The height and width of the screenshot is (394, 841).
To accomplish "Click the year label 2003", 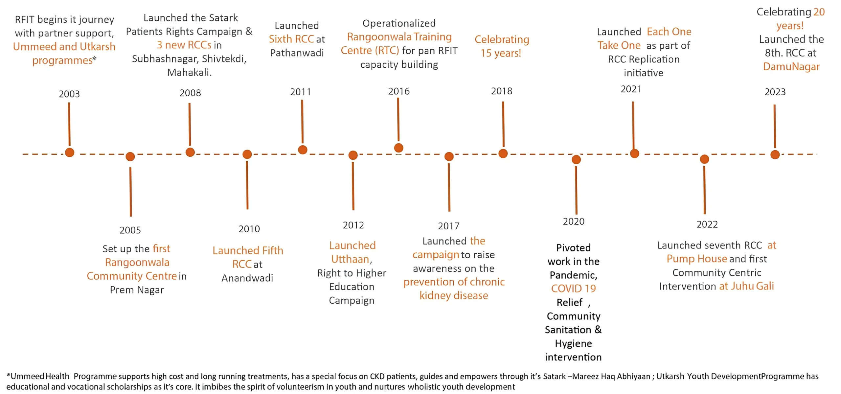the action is pos(69,94).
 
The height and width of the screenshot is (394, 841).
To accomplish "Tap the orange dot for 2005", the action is pos(130,156).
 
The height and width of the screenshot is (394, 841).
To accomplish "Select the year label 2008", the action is pos(190,93).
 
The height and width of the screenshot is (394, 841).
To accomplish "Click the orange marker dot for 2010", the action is pos(247,154).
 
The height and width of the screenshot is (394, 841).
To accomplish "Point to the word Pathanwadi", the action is pos(297,53).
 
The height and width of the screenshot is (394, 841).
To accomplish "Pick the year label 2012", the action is pos(353,225).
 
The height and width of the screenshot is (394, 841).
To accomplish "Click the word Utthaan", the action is pos(350,259).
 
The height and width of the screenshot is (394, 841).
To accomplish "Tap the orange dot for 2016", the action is pos(398,148).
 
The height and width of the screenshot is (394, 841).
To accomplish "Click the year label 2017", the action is pos(449,226).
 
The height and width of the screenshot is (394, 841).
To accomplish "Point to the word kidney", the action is pos(435,296).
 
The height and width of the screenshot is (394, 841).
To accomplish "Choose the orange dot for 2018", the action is pos(503,153).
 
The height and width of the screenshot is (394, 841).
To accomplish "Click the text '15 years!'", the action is pos(501,53).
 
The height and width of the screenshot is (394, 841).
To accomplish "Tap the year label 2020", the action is pos(574,221).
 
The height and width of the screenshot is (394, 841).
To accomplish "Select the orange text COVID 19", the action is pos(574,289).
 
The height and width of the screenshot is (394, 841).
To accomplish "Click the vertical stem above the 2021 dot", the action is pos(633,126).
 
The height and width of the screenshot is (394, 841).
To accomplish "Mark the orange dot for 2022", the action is pos(704,159).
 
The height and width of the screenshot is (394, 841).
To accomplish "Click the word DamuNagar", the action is pos(791,67).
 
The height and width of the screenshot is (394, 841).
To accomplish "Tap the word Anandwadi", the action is pos(247,278).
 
